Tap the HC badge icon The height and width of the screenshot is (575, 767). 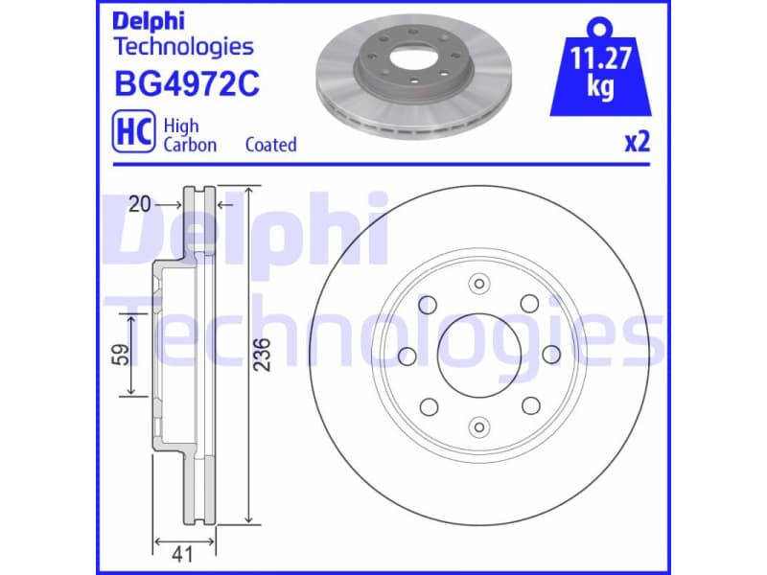coord(134,134)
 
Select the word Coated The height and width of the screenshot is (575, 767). coord(270,145)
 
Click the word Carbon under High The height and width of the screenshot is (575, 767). coord(190,145)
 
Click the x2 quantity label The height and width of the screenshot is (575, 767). coord(638,142)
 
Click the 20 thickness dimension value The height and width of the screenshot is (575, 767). coord(140,204)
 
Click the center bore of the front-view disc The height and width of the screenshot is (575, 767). coord(478,355)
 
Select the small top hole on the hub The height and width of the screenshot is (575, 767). coord(478,283)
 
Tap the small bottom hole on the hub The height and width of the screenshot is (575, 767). coord(478,426)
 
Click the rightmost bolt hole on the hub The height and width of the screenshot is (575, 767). coord(550,356)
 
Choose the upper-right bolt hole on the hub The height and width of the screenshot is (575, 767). coord(528,304)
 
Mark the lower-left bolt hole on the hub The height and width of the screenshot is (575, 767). coord(428,406)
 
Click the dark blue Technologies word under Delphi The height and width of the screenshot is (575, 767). coord(183,46)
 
